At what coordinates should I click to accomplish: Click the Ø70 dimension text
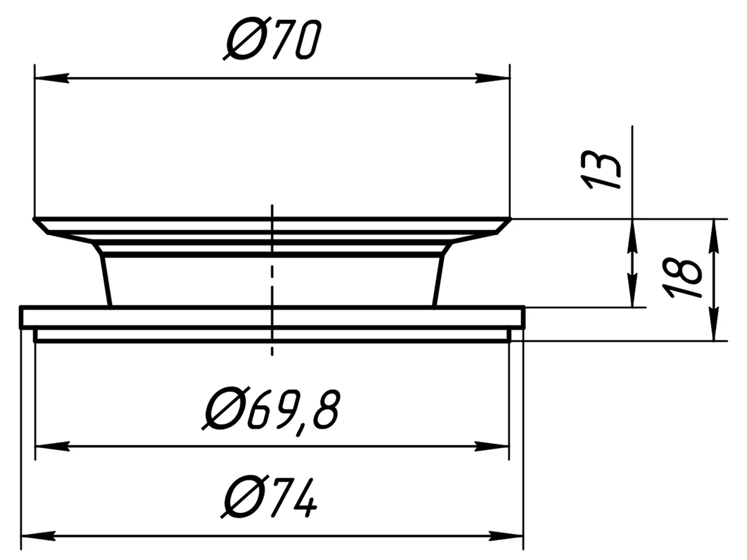tap(272, 39)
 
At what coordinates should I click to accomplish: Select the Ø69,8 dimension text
tap(271, 412)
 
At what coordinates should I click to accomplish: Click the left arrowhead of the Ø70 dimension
tap(52, 78)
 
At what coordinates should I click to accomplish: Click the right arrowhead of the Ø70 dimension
tap(492, 78)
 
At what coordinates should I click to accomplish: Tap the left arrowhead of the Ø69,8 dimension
tap(53, 446)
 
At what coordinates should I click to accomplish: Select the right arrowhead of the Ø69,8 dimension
tap(491, 446)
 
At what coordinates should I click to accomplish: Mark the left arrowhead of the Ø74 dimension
tap(39, 536)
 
